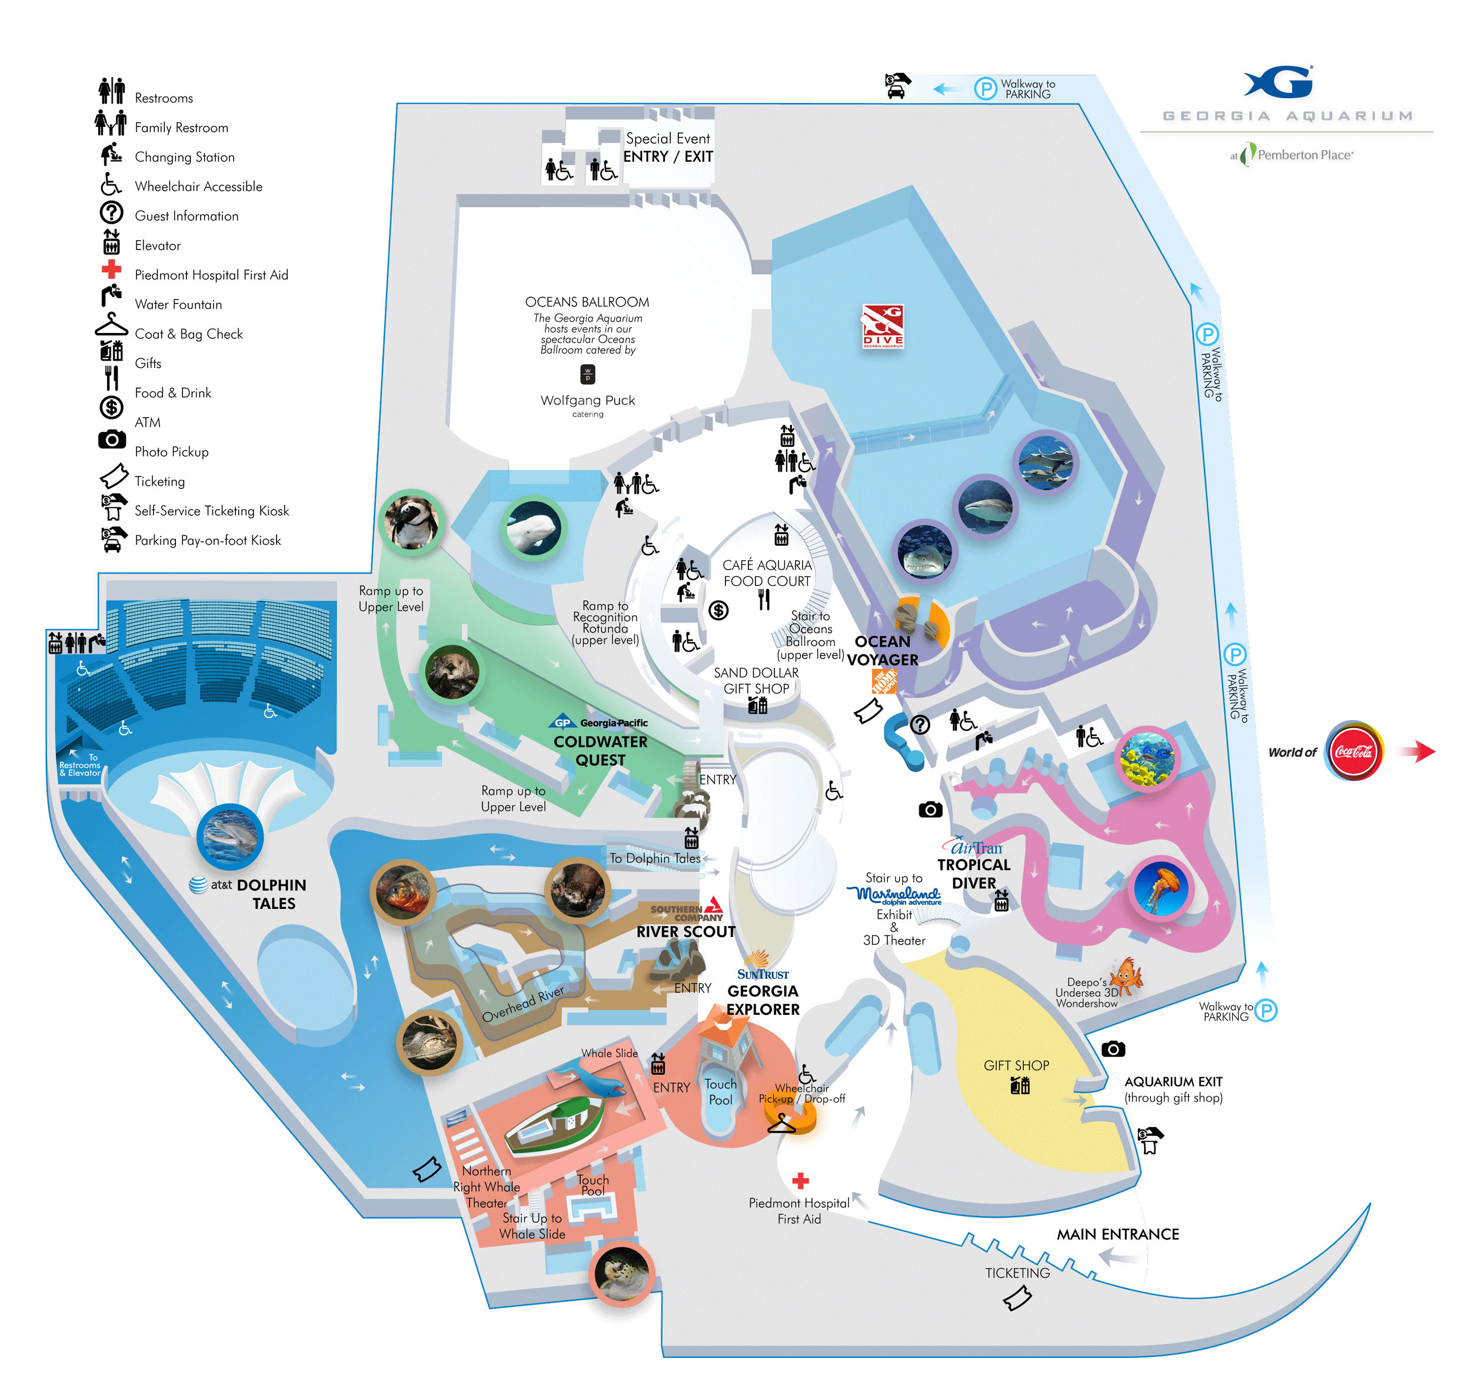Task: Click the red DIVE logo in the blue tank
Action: [x=883, y=326]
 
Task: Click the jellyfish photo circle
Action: [x=1160, y=888]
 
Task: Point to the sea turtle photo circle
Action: [x=621, y=1274]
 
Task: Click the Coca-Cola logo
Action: [x=1352, y=751]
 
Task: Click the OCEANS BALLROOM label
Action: [x=587, y=302]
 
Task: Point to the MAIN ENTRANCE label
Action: [x=1117, y=1234]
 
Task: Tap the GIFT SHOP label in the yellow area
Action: [x=1016, y=1065]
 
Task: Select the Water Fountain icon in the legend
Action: [x=111, y=296]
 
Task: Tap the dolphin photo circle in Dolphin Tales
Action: [x=230, y=836]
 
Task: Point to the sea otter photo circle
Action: [x=452, y=671]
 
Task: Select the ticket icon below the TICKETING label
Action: [x=1017, y=1299]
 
